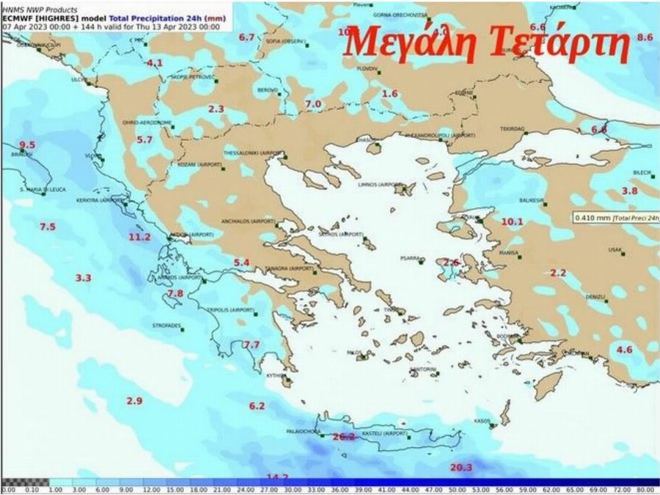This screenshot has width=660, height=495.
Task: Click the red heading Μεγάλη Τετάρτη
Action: (488, 42)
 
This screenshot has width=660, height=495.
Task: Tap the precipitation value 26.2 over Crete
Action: (343, 436)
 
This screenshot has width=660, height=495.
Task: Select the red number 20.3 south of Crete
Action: (460, 467)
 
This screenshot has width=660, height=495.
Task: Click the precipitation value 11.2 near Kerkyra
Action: (139, 237)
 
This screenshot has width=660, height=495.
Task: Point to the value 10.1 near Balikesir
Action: (512, 221)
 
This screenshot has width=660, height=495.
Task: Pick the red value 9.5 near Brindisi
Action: (27, 144)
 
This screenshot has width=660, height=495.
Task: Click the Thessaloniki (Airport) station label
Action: (252, 153)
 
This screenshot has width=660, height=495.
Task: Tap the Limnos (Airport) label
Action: (377, 185)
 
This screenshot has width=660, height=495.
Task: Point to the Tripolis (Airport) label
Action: (232, 310)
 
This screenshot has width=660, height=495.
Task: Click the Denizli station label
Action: (595, 297)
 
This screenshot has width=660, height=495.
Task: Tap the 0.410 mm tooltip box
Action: (615, 217)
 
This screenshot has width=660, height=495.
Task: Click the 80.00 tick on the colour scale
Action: (645, 489)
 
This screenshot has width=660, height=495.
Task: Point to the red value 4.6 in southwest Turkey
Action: (624, 349)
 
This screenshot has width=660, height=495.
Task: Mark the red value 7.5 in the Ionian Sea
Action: (47, 227)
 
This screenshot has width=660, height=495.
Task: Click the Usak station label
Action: (615, 249)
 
